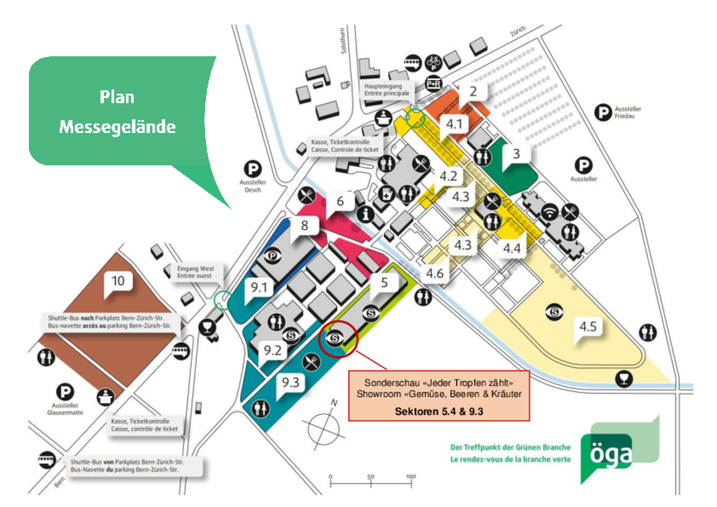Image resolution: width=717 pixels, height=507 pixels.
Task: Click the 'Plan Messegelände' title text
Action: [118, 112]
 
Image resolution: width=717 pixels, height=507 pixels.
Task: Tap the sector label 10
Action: [118, 281]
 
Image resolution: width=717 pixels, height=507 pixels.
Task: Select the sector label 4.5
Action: [588, 327]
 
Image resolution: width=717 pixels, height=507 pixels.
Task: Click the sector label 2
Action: [473, 91]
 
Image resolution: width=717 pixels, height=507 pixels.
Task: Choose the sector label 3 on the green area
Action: [516, 152]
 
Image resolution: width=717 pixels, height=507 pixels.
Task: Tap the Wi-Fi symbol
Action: [551, 212]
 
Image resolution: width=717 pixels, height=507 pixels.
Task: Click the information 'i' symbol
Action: [366, 213]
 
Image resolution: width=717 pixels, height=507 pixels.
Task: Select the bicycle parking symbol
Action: [434, 61]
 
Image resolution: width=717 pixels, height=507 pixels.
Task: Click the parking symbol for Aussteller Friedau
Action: [603, 114]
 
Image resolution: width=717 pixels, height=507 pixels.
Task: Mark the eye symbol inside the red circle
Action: [335, 338]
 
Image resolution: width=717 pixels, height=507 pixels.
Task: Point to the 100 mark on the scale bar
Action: [411, 477]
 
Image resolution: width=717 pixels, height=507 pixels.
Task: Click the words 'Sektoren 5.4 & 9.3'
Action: [439, 411]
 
